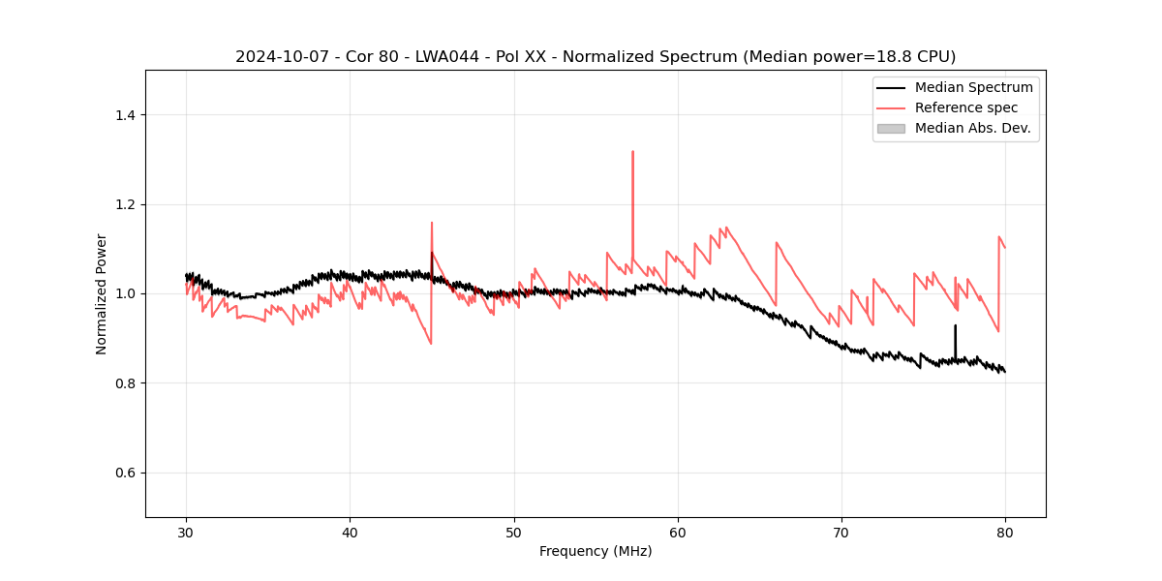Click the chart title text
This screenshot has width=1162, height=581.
[x=596, y=56]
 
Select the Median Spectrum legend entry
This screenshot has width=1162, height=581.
[x=973, y=87]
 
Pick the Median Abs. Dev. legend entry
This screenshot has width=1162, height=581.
[x=972, y=128]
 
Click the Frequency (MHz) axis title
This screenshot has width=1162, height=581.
[x=596, y=551]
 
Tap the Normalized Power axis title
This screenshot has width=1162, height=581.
[x=102, y=293]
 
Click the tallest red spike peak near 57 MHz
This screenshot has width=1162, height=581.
[x=632, y=152]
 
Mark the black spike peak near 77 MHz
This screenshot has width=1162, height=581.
[x=955, y=326]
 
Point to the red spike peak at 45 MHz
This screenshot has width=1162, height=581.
[x=432, y=223]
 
